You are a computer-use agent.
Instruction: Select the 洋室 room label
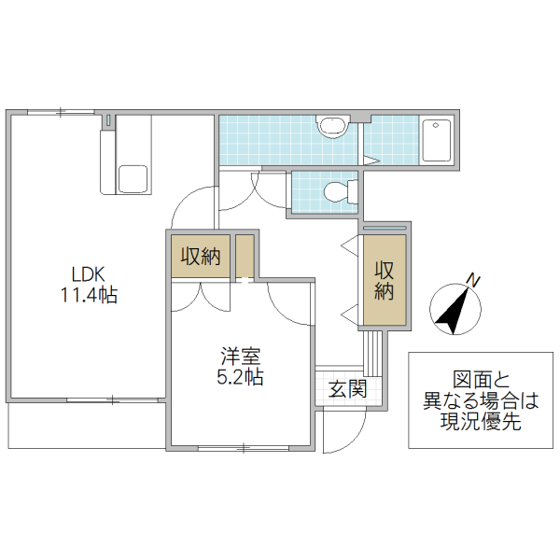[240, 356]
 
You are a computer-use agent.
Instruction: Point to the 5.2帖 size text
[240, 377]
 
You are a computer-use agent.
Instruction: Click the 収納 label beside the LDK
[201, 256]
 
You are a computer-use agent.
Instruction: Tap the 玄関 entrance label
[346, 389]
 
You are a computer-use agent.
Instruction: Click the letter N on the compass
[473, 279]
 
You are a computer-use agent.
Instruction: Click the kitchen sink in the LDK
[132, 178]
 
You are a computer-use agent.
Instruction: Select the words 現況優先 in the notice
[481, 421]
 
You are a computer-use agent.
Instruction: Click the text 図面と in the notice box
[481, 380]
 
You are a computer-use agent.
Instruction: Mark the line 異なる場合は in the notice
[481, 400]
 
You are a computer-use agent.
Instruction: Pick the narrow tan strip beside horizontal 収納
[245, 256]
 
